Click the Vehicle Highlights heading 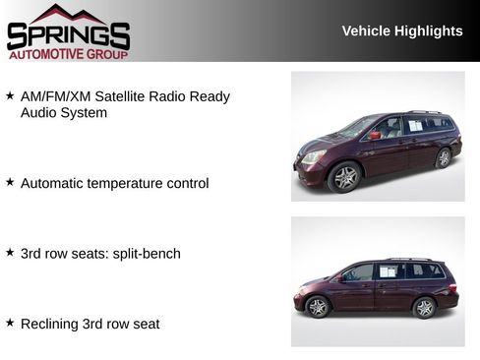(x=401, y=31)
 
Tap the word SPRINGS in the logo (x=68, y=36)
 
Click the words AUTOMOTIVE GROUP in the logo (x=68, y=55)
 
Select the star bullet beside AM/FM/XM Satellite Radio (x=10, y=96)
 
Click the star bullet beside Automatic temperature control (x=10, y=182)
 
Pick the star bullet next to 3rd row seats (x=10, y=253)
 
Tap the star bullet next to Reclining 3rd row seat (x=10, y=323)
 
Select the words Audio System (x=64, y=113)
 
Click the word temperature (x=129, y=183)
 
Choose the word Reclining (x=50, y=324)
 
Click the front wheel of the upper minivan (x=345, y=177)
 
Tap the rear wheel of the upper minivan (x=444, y=157)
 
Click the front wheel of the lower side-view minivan (x=318, y=307)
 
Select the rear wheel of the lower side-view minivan (x=424, y=307)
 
